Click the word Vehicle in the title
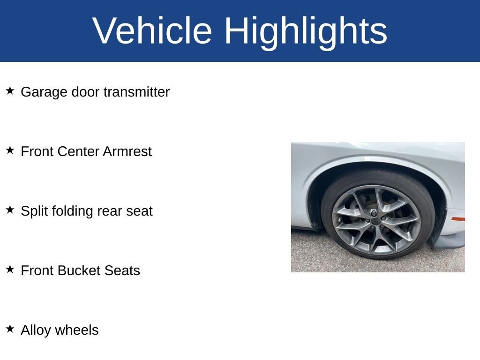point(152,30)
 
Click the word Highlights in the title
point(306,33)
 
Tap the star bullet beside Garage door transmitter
point(10,90)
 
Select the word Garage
point(44,92)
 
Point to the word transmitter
point(136,92)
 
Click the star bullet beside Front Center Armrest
point(10,150)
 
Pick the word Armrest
point(127,151)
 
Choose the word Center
point(78,151)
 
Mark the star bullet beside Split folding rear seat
point(10,210)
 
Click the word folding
point(73,211)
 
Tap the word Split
point(35,211)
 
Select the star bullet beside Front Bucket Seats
point(10,269)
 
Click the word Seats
point(122,270)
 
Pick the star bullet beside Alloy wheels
point(10,329)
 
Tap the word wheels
point(77,330)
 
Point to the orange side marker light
point(458,219)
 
